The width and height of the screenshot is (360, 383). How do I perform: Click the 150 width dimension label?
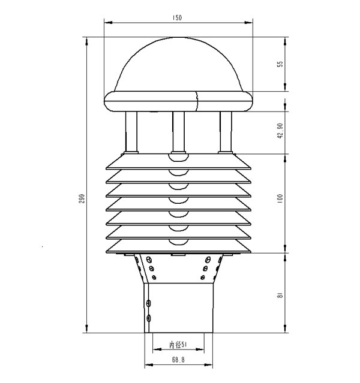[x=178, y=18]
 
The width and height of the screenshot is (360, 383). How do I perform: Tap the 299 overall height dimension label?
[x=82, y=198]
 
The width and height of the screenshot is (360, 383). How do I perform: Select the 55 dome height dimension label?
[x=281, y=64]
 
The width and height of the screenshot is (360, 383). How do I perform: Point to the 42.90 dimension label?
[x=280, y=131]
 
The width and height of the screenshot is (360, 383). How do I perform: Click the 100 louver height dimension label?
[x=280, y=198]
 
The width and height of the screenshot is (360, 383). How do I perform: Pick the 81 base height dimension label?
[x=280, y=295]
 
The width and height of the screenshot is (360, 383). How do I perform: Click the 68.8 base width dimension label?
[x=178, y=360]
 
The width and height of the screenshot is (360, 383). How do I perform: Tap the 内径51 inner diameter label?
[x=178, y=345]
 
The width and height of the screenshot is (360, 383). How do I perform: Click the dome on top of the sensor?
[x=179, y=64]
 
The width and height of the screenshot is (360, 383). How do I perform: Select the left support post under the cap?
[x=131, y=132]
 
